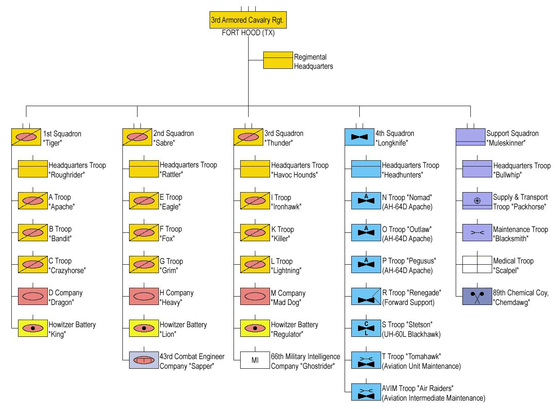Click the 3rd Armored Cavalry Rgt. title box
(248, 20)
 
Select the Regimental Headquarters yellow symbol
(278, 60)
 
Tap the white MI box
(255, 360)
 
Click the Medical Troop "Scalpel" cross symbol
(477, 265)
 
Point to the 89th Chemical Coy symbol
(477, 297)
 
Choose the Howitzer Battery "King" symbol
(33, 328)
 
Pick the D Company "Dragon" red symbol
(33, 296)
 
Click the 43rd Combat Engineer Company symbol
(144, 360)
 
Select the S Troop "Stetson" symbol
(366, 328)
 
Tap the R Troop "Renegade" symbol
(366, 297)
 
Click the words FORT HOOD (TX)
(248, 33)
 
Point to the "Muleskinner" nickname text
(506, 143)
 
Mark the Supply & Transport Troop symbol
(477, 201)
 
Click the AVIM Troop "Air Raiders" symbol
(366, 392)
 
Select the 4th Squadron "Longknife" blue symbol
(359, 137)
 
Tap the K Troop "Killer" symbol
(255, 233)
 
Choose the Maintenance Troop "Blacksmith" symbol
(477, 233)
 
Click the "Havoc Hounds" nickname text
(294, 175)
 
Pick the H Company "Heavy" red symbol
(144, 296)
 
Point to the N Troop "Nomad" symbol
(366, 201)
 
